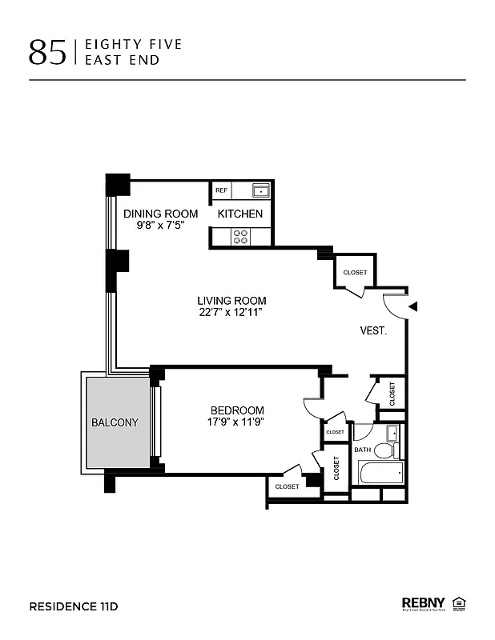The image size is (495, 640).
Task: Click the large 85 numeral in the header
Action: coord(47,51)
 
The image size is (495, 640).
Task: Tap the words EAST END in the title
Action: coord(128,60)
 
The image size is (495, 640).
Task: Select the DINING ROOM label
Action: coord(160,214)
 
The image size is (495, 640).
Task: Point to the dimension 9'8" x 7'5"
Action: coord(160,226)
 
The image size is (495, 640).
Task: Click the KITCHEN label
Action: coord(240,214)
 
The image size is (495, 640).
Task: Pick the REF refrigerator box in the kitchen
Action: coord(221,191)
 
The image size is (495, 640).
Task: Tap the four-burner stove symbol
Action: coord(240,236)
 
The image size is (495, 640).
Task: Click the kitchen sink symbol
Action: coord(260,190)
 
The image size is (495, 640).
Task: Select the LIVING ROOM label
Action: coord(232,301)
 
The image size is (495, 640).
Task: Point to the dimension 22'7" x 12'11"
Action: coord(232,313)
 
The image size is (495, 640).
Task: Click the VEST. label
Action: coord(373,330)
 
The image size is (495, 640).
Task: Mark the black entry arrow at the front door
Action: coord(413,306)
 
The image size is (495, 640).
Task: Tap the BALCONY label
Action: coord(115,422)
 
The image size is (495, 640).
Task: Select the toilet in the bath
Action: coord(384,450)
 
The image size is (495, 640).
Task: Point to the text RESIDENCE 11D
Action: coord(74,606)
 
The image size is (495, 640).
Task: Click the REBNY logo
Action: coord(423,603)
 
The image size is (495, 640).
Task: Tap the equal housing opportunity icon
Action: coord(460,603)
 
